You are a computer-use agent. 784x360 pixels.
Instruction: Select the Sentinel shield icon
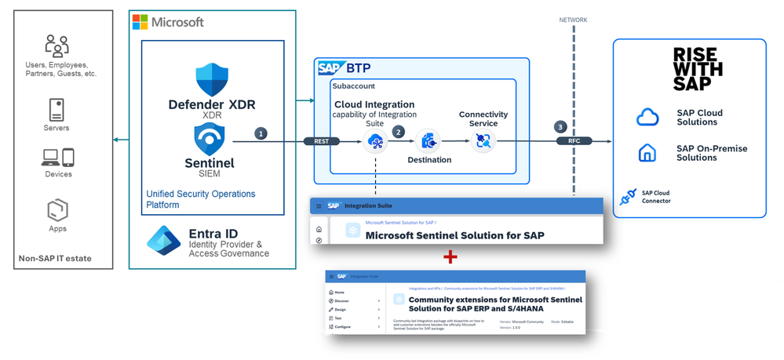click(211, 140)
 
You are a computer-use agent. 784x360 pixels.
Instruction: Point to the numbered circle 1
click(260, 133)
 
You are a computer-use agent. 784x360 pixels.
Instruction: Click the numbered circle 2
click(399, 132)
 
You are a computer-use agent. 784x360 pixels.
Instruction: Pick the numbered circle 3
click(560, 127)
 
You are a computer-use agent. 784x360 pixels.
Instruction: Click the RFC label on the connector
click(568, 141)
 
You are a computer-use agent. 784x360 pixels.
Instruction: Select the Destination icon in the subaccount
click(428, 141)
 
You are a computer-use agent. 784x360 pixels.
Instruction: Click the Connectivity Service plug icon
click(482, 141)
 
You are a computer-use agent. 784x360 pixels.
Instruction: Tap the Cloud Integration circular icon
click(376, 142)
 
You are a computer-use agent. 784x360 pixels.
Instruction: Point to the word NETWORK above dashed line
click(573, 20)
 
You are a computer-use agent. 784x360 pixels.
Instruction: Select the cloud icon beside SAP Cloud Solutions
click(647, 118)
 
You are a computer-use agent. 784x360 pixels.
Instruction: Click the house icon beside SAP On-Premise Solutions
click(647, 153)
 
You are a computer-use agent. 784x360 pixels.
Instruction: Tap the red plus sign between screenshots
click(450, 256)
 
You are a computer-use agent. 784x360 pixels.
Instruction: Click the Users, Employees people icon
click(57, 45)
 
